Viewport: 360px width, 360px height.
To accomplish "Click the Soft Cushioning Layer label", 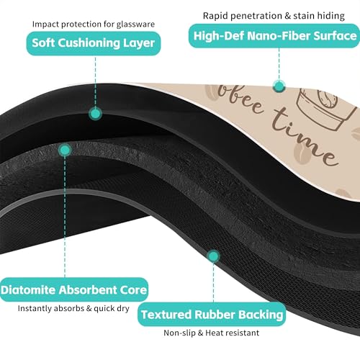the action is tap(94, 43).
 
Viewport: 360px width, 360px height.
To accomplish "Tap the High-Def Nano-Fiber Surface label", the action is tap(274, 36).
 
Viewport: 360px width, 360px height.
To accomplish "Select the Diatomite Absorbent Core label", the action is tap(74, 289).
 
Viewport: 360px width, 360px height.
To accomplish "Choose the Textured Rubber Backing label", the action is tap(212, 314).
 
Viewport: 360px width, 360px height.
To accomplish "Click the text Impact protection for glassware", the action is tap(94, 24).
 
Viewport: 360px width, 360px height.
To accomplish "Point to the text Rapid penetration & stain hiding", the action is tap(274, 16).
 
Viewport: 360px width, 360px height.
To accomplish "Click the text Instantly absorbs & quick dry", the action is tap(73, 308).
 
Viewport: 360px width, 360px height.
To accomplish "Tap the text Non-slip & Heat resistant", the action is tap(211, 333).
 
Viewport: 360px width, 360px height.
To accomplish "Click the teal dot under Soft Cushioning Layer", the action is tap(95, 114).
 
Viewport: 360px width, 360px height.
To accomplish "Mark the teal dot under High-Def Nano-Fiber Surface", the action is tap(279, 86).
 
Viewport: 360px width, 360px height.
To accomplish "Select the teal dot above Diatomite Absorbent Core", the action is tap(65, 150).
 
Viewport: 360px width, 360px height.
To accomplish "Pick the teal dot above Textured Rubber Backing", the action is tap(213, 256).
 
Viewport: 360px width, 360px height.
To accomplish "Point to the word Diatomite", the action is tap(28, 289).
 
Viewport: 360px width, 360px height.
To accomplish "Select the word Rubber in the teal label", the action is tap(215, 315).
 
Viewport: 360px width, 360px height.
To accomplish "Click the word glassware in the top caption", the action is tap(135, 24).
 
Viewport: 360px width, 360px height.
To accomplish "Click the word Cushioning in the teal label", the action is tap(89, 43).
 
